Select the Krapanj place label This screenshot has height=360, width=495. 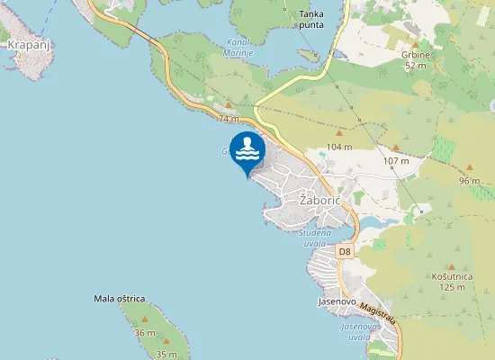(27, 43)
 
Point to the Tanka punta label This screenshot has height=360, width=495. (312, 19)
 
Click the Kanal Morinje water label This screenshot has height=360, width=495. (238, 48)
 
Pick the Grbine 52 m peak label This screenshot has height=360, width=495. (415, 58)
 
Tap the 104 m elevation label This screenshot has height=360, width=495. (339, 146)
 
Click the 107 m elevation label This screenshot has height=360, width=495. (396, 161)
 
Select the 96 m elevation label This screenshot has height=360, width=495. (470, 181)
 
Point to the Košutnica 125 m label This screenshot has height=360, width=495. (448, 282)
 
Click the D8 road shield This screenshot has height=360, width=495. (345, 252)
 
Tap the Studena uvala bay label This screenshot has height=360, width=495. (315, 238)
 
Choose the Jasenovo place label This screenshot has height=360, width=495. (337, 302)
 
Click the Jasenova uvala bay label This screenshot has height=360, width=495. (355, 331)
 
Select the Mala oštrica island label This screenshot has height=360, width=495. (120, 298)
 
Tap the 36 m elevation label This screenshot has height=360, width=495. (144, 333)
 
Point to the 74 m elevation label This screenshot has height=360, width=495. (229, 118)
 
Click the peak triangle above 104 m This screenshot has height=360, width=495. (339, 133)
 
